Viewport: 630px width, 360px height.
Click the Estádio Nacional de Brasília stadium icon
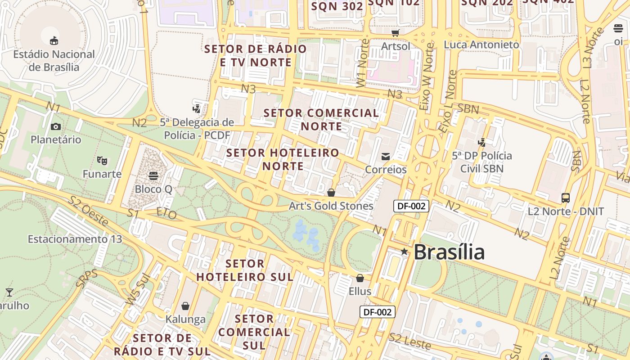point(54,41)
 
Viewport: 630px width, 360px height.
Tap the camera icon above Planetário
point(56,126)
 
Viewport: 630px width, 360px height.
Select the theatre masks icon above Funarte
point(102,160)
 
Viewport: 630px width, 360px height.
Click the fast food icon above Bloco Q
point(153,175)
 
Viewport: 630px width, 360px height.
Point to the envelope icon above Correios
point(386,157)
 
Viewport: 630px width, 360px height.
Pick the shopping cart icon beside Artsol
point(396,33)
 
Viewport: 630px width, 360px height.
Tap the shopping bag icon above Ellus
point(360,278)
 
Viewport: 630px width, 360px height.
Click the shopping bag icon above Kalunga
point(185,306)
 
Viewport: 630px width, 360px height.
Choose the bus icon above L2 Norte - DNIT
point(565,198)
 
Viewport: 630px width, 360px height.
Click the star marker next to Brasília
point(404,252)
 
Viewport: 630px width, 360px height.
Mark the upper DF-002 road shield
point(411,206)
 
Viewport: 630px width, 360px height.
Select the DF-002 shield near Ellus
point(377,312)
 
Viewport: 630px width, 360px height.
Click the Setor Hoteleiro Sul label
point(245,270)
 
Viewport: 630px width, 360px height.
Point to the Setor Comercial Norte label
point(321,119)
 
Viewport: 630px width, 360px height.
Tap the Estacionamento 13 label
point(75,239)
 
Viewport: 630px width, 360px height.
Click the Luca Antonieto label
point(481,45)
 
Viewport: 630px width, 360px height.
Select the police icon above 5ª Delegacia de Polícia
point(196,108)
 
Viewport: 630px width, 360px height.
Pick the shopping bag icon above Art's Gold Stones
point(331,193)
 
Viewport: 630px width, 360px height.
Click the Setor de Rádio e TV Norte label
point(256,55)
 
